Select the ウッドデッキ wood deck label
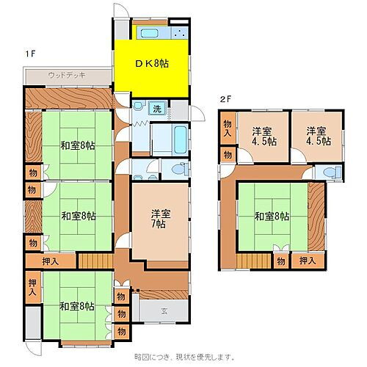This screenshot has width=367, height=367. tap(66, 75)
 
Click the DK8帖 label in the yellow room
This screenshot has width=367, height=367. tap(152, 64)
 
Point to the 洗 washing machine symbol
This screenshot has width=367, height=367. tap(157, 109)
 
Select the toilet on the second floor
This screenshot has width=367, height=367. tap(332, 172)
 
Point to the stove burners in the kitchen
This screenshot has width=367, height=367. tap(179, 34)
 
